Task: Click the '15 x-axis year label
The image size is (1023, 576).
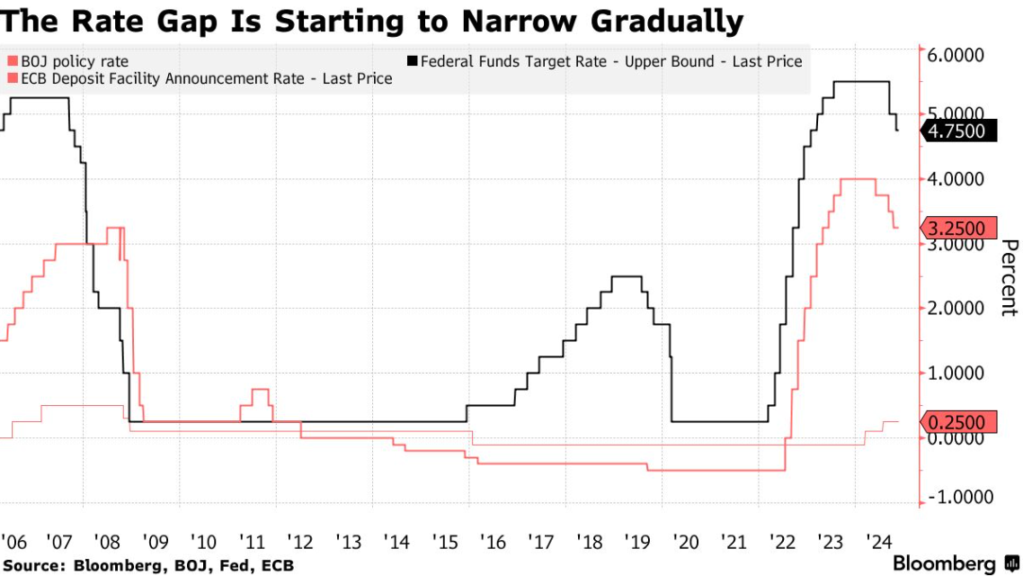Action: (446, 543)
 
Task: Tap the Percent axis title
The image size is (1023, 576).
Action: (1010, 277)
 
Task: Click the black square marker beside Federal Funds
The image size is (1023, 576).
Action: (413, 61)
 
